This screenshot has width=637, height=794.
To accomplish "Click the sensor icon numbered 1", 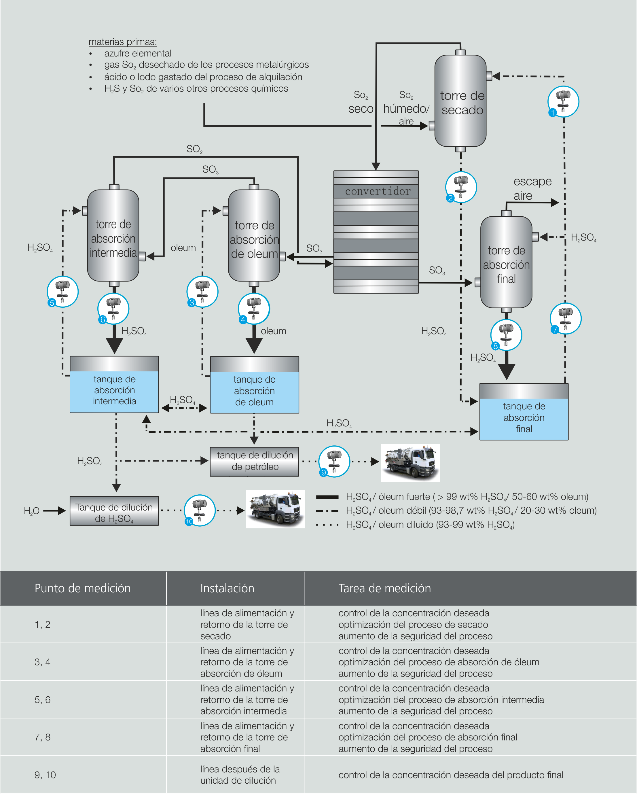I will (563, 102).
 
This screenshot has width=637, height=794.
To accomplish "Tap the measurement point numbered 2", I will (461, 187).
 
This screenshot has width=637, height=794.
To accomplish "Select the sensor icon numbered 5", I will (62, 292).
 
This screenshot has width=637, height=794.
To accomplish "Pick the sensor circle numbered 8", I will (506, 335).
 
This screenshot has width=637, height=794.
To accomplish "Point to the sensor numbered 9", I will (334, 462).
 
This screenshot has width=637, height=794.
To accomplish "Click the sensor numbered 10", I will (200, 511).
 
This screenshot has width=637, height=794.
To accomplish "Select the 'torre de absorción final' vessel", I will (506, 262).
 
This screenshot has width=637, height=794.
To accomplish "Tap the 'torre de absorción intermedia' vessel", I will (113, 236).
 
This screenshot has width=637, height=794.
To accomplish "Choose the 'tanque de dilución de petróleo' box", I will (255, 462).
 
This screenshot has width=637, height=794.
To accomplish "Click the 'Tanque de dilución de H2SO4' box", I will (114, 511).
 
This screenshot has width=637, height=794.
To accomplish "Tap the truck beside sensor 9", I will (410, 463).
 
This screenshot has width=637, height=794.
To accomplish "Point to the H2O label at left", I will (31, 511).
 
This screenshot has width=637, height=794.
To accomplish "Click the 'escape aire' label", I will (532, 188).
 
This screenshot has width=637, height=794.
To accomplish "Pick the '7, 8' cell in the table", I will (42, 737).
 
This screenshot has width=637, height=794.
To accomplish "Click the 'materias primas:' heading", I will (123, 42).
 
